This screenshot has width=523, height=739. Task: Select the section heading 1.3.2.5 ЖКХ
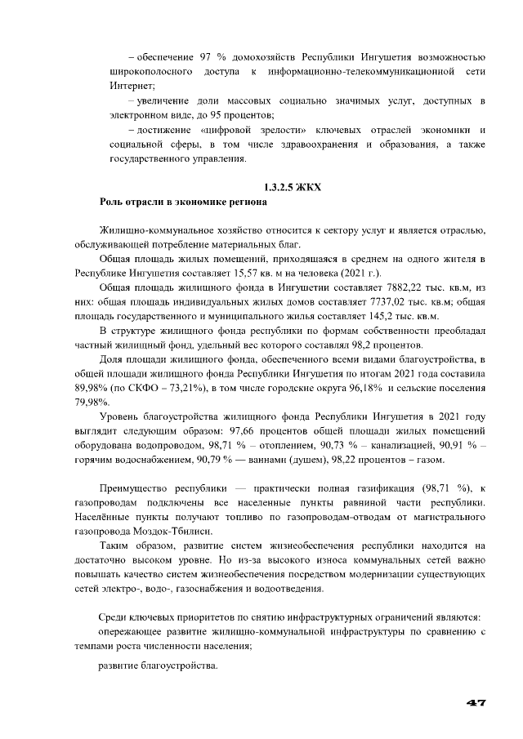tap(292, 187)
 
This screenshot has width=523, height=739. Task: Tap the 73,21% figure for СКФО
tap(190, 387)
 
